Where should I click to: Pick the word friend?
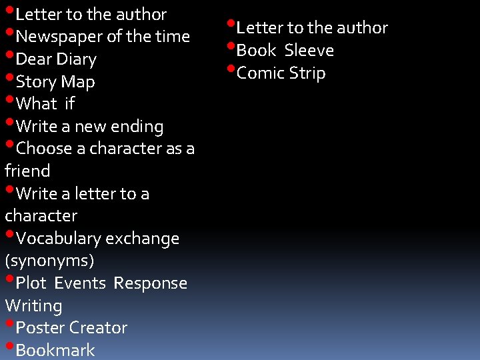27,171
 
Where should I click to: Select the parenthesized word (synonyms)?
49,261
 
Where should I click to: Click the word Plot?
31,283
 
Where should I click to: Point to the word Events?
80,283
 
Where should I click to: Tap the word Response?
150,283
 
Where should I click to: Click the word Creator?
98,328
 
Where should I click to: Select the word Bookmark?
55,351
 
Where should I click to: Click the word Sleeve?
309,51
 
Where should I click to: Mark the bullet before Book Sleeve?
231,47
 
